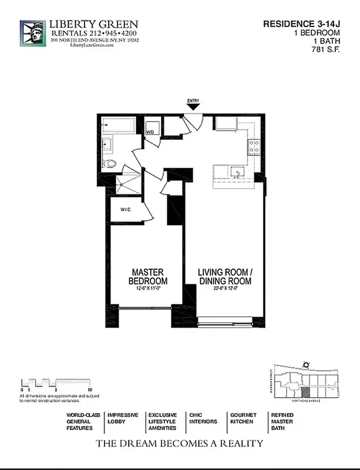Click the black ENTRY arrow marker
point(193,108)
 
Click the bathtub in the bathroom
point(118,125)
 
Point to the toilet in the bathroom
point(109,163)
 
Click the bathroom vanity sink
point(107,145)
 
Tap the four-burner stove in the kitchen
point(254,147)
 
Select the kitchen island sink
point(238,172)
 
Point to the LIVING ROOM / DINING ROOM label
point(224,277)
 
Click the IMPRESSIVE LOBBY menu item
point(122,418)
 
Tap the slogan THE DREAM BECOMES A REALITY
point(180,444)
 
